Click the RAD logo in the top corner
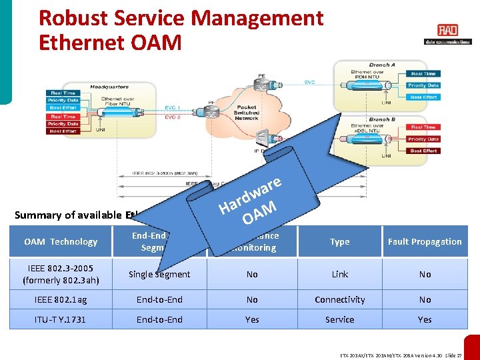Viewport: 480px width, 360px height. [447, 31]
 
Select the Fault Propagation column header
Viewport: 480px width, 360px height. [425, 242]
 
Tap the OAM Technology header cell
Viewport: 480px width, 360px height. [61, 242]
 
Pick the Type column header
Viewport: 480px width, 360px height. [339, 242]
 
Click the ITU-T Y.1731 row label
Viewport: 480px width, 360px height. [61, 319]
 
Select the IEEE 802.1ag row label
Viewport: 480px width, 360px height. [61, 300]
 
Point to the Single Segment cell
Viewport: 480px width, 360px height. [159, 275]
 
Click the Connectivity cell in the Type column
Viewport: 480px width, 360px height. [339, 300]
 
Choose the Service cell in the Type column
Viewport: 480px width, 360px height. [339, 319]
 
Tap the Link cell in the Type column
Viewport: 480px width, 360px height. [339, 275]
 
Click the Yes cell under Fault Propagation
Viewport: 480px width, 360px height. [425, 319]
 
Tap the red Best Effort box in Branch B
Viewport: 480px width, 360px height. [423, 151]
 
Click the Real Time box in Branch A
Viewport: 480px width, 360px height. [423, 74]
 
